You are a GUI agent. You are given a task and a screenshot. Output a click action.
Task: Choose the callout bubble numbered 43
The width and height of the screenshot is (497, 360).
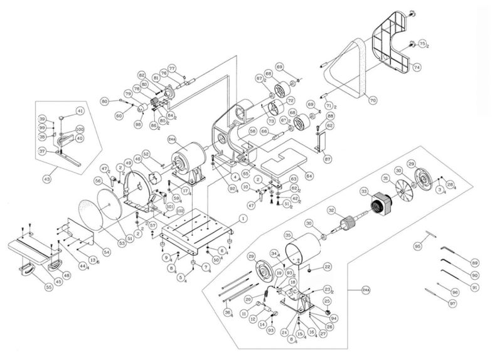point(46,179)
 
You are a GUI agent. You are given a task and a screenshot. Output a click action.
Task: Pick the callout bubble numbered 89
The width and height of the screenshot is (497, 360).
point(475,262)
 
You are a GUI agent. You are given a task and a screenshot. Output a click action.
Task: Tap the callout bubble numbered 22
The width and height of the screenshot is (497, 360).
point(328,267)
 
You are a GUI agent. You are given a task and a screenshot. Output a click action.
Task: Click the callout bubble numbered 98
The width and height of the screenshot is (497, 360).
point(138,125)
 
